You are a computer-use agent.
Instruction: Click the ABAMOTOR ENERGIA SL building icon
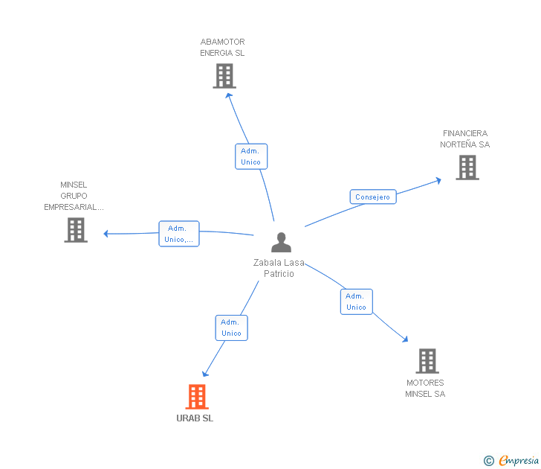tap(224, 75)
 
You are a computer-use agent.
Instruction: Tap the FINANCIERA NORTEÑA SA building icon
tap(467, 167)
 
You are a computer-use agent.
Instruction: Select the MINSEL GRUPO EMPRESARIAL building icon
tap(75, 230)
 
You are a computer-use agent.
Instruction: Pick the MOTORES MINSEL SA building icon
tap(427, 361)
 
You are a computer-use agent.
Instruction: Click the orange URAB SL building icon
tap(196, 397)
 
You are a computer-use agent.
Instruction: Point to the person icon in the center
tap(281, 243)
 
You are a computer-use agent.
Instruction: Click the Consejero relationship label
tap(372, 197)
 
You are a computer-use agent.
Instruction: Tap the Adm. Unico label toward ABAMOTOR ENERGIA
tap(250, 156)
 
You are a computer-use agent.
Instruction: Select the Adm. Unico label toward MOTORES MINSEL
tap(356, 301)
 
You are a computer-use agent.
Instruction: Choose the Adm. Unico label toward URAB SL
tap(231, 328)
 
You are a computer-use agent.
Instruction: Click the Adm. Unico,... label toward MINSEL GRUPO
tap(178, 234)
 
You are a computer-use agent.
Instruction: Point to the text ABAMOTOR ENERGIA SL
tap(222, 48)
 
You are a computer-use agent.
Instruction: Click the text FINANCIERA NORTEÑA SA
tap(464, 139)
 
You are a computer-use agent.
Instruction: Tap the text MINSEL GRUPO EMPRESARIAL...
tap(74, 196)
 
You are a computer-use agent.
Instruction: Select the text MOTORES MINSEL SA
tap(425, 388)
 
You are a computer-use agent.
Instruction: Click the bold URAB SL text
tap(195, 418)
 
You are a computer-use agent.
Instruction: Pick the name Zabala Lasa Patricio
tap(279, 268)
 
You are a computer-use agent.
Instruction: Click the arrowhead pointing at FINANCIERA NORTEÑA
tap(438, 179)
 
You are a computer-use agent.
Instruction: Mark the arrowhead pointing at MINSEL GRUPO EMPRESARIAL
tap(106, 234)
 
